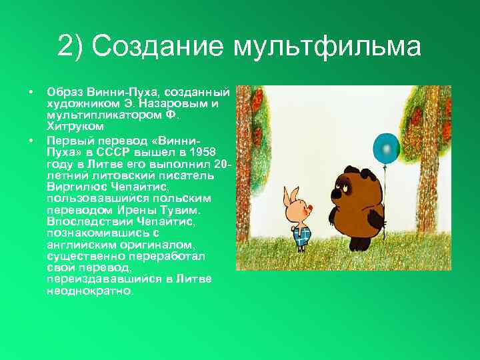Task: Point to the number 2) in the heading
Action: [71, 47]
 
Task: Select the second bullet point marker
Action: [31, 141]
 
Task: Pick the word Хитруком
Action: [75, 125]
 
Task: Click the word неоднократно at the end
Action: [89, 291]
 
